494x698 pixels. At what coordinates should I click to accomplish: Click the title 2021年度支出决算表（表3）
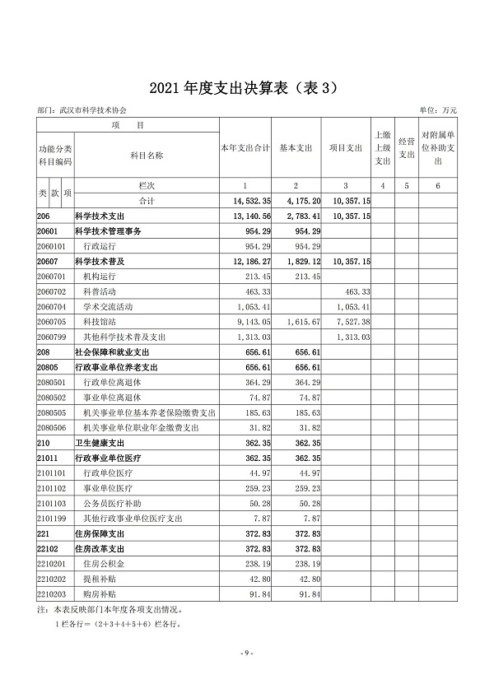[x=247, y=88]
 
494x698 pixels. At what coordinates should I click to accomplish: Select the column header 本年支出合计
[x=245, y=148]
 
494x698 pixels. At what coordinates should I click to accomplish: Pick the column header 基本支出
[x=296, y=148]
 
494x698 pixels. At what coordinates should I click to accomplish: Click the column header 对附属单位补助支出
[x=438, y=148]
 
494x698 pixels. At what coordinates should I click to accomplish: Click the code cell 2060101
[x=51, y=246]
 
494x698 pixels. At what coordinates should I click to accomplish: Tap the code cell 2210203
[x=51, y=593]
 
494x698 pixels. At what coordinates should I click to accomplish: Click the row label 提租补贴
[x=97, y=579]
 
